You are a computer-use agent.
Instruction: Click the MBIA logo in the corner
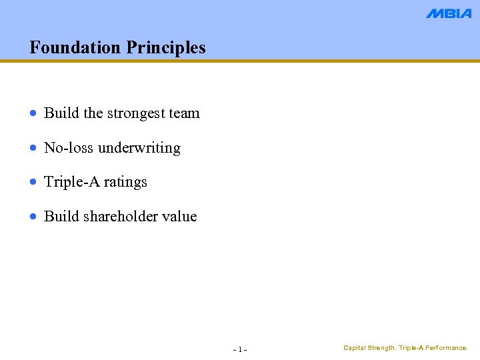(x=449, y=13)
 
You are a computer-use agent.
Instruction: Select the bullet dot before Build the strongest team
(x=34, y=114)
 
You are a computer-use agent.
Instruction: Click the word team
(x=185, y=113)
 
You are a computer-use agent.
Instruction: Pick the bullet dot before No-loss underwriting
(x=34, y=148)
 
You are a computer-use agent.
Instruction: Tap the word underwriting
(x=139, y=148)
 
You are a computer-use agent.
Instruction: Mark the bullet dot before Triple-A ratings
(x=34, y=182)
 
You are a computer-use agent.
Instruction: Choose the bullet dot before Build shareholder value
(x=34, y=217)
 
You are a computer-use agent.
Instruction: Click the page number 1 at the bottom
(x=240, y=349)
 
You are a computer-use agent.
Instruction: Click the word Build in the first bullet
(x=57, y=113)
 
